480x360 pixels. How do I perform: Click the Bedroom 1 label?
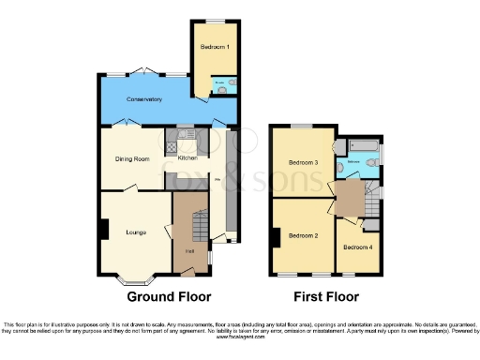point(215,46)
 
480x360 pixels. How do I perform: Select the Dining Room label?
point(132,159)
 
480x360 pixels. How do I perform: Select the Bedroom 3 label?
point(303,162)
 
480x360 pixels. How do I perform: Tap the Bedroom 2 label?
point(303,235)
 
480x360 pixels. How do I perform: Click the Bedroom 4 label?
point(356,247)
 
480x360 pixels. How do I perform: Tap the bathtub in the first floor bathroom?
point(362,145)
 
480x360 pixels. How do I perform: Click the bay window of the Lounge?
point(134,278)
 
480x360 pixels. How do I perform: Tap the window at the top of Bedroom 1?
point(215,20)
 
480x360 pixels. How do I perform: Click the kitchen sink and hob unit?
point(172,144)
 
